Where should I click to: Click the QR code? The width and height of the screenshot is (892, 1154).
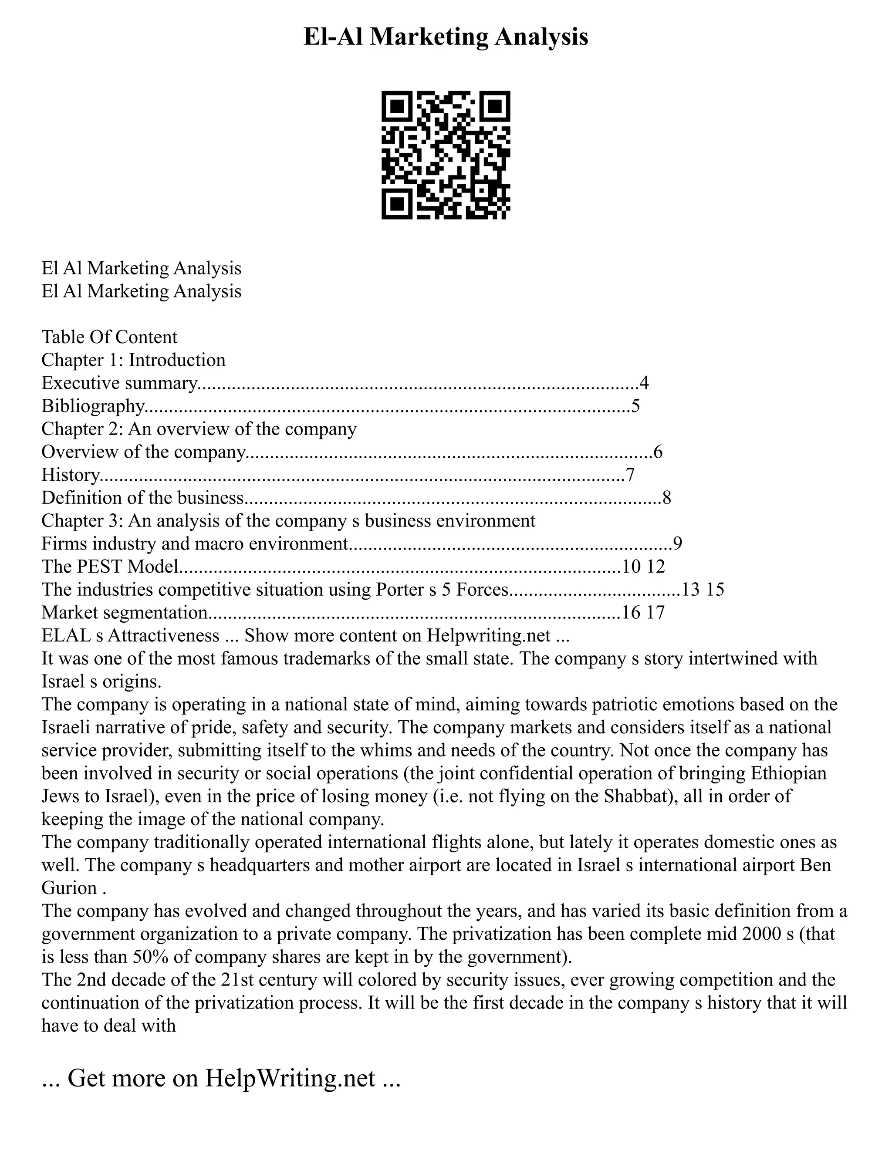[446, 155]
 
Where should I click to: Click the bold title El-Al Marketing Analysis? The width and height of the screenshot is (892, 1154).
[446, 37]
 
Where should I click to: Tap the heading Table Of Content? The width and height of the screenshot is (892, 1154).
[109, 337]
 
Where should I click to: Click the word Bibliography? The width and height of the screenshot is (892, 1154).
[92, 406]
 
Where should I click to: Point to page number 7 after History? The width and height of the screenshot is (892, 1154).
[629, 475]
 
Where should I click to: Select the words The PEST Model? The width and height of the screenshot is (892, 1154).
[109, 567]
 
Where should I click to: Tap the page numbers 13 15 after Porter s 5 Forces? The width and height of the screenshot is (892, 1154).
[703, 590]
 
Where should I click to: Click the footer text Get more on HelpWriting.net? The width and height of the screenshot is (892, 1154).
[221, 1078]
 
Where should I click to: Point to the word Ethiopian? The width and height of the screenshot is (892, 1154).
[787, 773]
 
